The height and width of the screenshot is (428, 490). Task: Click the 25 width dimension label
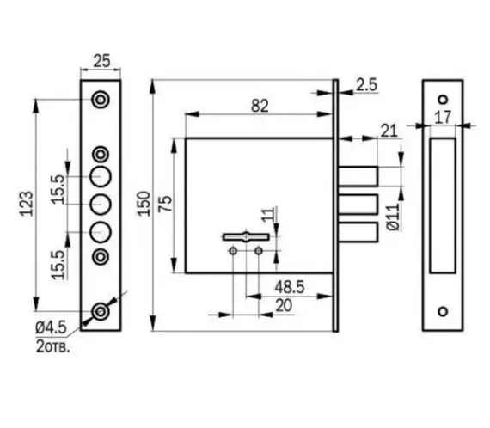point(102,61)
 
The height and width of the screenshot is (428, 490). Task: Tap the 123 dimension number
point(27,204)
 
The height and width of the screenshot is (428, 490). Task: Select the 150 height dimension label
point(144,204)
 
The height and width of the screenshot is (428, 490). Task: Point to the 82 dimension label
point(260,106)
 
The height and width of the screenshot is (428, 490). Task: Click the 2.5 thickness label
point(366,85)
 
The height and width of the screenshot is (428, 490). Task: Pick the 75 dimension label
point(166,204)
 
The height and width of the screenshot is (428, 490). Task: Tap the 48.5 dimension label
point(289,287)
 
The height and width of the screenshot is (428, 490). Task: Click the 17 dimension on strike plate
point(443,118)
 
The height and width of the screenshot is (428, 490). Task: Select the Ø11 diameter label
point(394,217)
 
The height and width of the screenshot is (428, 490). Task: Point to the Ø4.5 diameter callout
point(52,327)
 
